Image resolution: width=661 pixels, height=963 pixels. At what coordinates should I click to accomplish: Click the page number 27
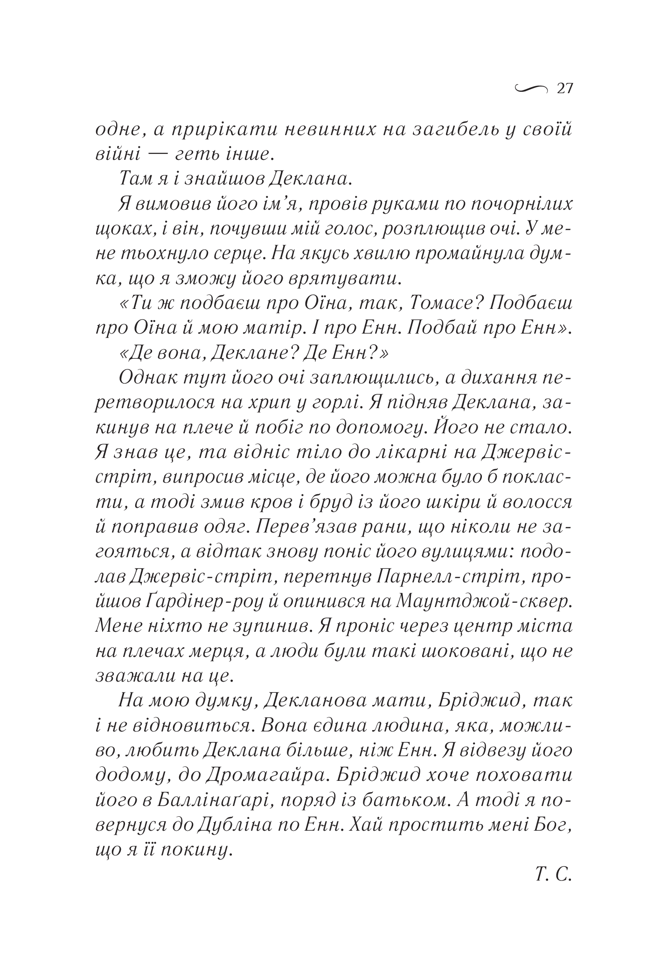564,89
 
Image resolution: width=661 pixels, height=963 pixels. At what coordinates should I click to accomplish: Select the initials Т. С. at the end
553,876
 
